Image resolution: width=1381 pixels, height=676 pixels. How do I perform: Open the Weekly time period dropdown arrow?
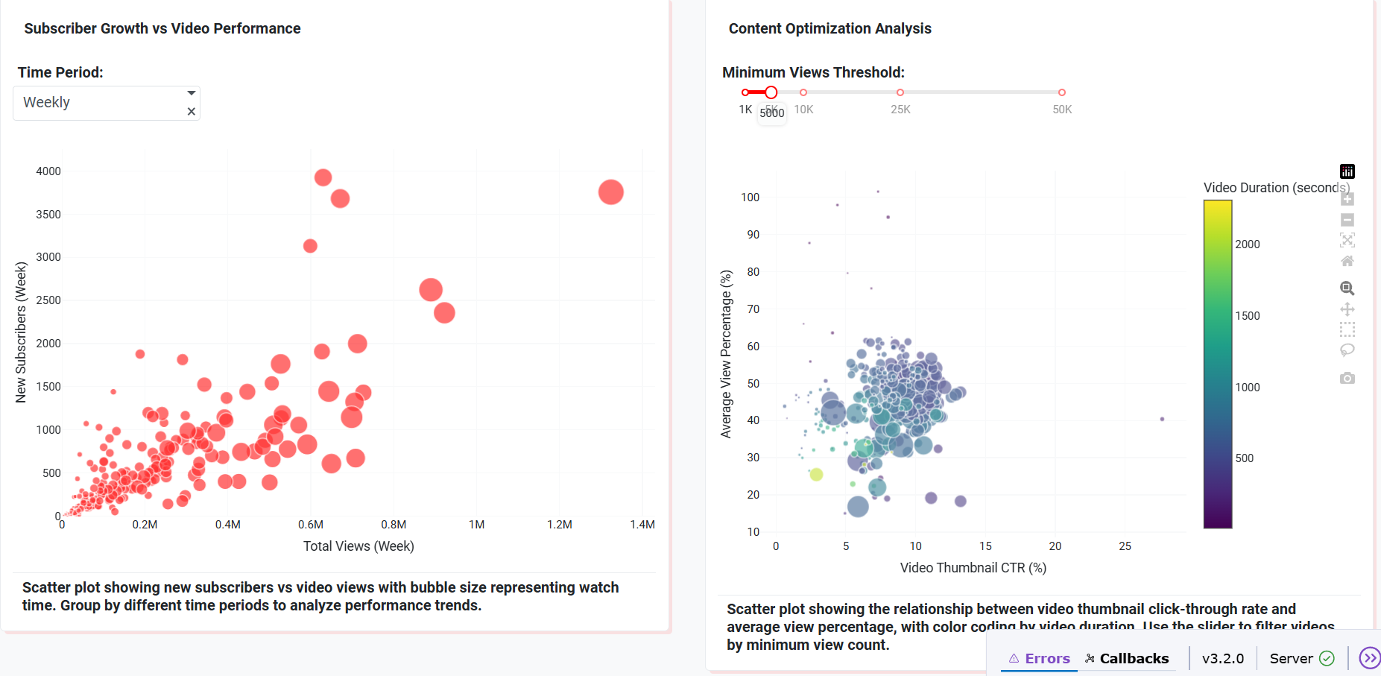point(192,93)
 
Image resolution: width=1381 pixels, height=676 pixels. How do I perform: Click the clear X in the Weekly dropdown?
point(192,112)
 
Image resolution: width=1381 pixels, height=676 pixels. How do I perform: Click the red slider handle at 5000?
point(771,92)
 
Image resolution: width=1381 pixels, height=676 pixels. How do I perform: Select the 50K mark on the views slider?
point(1062,92)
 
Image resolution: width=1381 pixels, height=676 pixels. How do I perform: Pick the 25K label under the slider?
point(900,110)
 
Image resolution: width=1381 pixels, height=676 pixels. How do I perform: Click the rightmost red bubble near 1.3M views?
point(611,192)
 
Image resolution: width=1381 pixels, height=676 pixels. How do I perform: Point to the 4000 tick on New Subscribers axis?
point(48,171)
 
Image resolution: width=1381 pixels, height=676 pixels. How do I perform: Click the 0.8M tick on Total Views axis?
point(394,525)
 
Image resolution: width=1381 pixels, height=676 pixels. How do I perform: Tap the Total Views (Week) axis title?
point(358,546)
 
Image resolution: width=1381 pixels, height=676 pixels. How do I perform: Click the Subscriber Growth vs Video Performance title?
point(162,28)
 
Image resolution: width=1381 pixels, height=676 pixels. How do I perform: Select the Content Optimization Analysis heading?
point(829,28)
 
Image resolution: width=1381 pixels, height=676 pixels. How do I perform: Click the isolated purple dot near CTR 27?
point(1162,419)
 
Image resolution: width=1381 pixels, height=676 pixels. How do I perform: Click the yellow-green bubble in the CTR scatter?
point(816,474)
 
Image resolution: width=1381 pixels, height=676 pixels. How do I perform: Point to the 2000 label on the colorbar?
point(1248,244)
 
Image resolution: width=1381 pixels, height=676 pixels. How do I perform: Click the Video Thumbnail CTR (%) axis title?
point(973,568)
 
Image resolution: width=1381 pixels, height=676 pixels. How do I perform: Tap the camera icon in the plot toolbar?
point(1347,379)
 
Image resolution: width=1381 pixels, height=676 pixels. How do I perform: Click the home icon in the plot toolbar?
point(1347,261)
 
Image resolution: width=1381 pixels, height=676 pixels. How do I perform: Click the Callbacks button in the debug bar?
point(1127,658)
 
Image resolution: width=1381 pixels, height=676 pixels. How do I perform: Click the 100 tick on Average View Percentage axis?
point(750,198)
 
